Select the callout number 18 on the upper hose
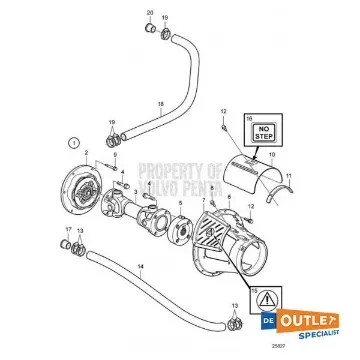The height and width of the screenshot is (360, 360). [159, 104]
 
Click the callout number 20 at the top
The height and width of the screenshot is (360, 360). [150, 13]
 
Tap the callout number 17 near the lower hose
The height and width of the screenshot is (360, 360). [68, 244]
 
